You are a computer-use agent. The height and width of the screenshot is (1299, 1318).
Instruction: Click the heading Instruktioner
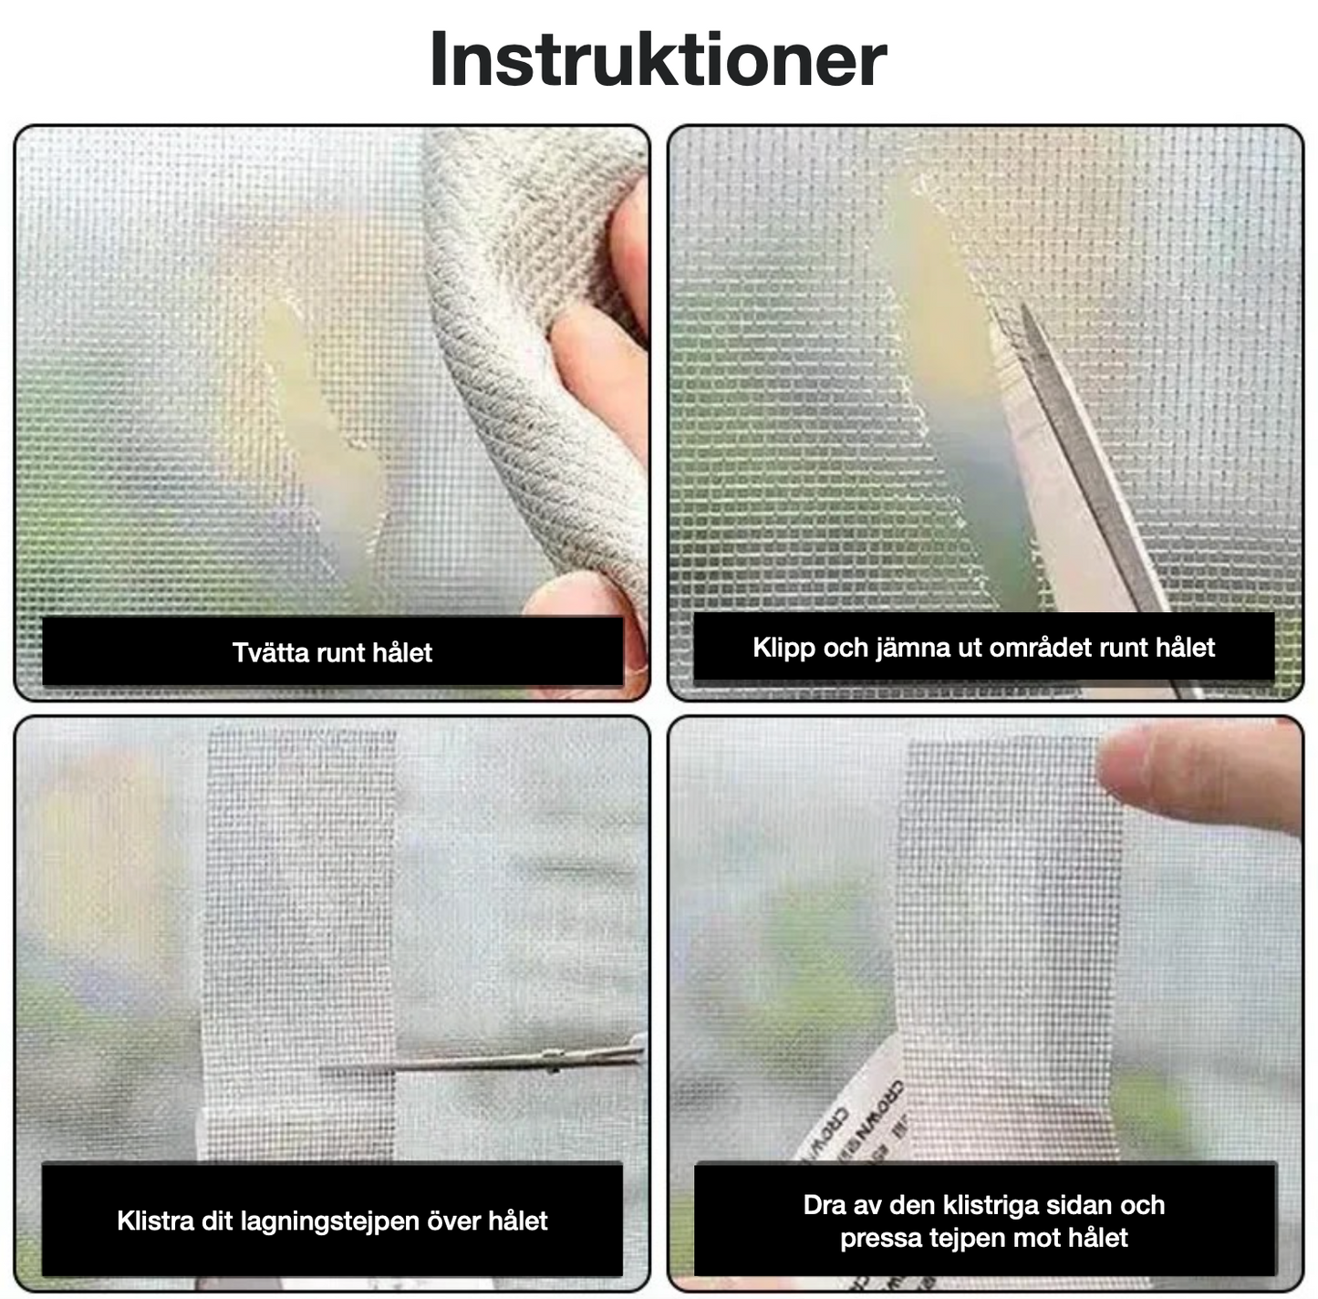658,60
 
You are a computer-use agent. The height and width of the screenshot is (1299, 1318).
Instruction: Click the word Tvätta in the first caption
265,652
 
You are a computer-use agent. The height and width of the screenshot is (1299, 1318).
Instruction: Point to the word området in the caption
1040,648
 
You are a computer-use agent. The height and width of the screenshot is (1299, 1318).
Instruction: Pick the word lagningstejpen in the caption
329,1221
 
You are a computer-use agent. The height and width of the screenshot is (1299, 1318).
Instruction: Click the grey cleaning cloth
511,365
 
